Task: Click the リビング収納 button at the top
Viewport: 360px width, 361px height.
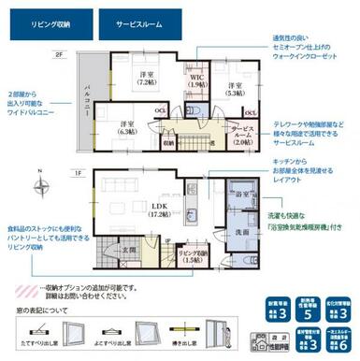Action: [48, 20]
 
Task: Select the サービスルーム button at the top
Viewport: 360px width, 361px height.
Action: [137, 20]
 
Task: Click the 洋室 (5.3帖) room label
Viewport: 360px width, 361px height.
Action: [234, 90]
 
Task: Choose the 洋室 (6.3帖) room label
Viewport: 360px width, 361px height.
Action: [126, 128]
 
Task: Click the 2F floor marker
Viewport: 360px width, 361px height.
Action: [58, 56]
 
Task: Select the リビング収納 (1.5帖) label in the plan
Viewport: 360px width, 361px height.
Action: [192, 256]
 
